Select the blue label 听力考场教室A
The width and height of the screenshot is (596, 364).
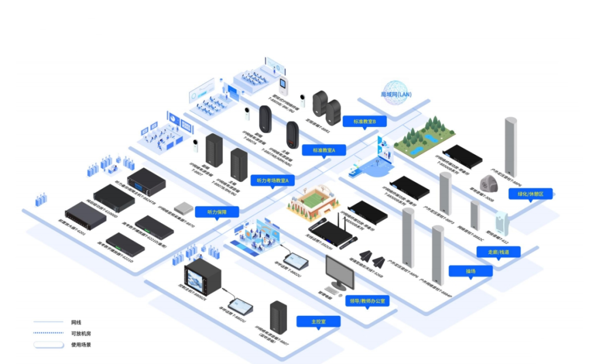click(273, 180)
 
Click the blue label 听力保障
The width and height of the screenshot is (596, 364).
click(215, 211)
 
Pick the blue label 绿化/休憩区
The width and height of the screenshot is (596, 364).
click(530, 194)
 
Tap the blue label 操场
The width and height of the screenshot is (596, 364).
click(470, 271)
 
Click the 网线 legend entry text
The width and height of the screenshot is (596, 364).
click(76, 322)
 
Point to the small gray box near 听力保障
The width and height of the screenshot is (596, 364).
click(182, 208)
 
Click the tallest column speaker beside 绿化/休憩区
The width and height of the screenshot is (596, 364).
click(510, 147)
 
